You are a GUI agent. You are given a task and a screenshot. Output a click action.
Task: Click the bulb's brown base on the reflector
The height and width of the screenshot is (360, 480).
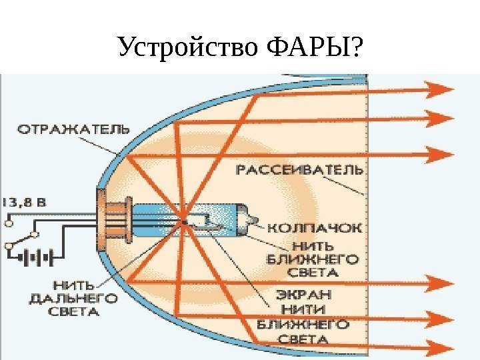pyautogui.click(x=104, y=213)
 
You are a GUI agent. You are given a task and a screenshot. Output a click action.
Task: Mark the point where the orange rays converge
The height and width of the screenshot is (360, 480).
pyautogui.click(x=183, y=221)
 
